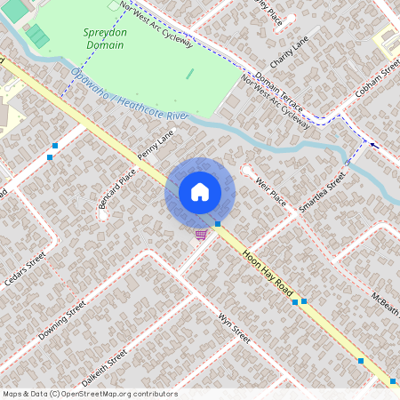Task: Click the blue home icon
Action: pos(200,191)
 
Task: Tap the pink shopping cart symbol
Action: pos(202,235)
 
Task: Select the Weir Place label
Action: pos(270,192)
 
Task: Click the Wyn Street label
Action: pos(234,328)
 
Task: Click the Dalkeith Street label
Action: pos(103,364)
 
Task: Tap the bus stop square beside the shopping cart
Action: pos(218,224)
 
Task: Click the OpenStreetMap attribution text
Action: pos(90,394)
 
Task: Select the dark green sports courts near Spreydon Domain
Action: pos(36,36)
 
